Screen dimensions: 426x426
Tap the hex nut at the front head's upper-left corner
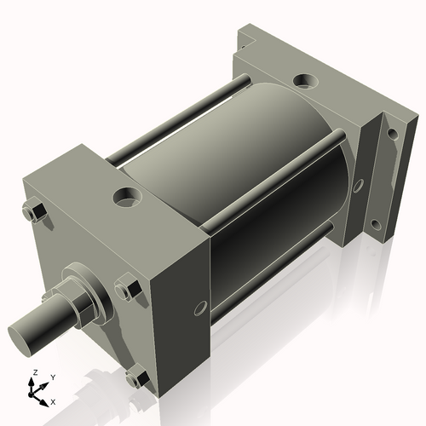[x=35, y=212]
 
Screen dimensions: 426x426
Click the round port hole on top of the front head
[x=127, y=198]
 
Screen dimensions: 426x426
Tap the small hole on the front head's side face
[x=201, y=307]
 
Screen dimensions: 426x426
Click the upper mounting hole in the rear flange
[x=392, y=133]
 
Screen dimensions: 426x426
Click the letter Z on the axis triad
[x=33, y=373]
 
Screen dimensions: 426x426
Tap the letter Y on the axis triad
[x=52, y=377]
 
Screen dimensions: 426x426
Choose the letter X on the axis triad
[x=54, y=400]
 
